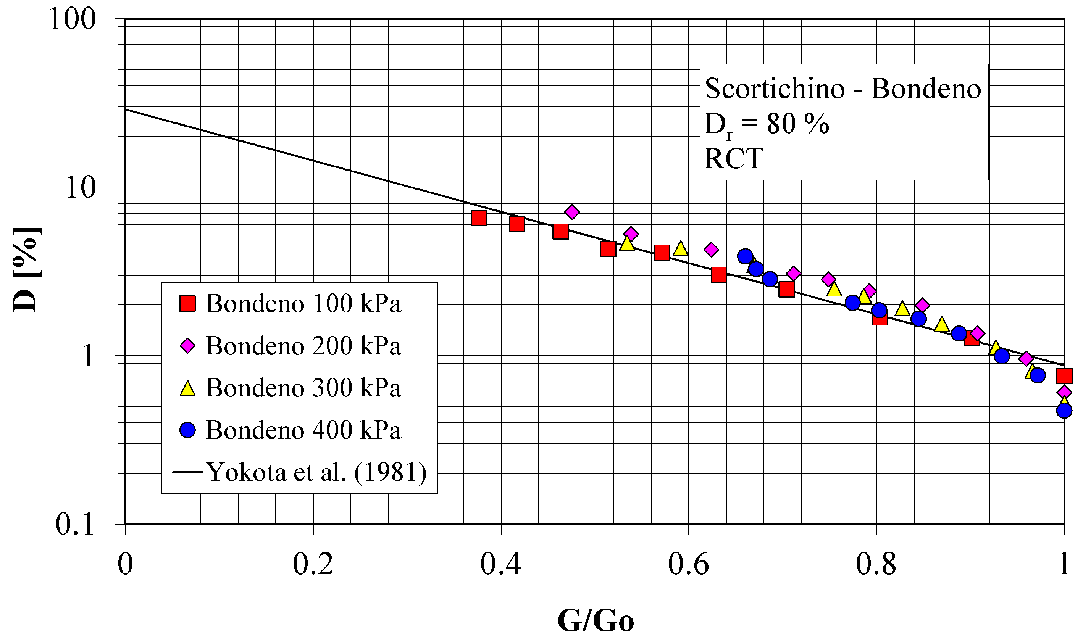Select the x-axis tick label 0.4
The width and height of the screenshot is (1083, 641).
pyautogui.click(x=500, y=564)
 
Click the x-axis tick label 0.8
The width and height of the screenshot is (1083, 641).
pyautogui.click(x=876, y=564)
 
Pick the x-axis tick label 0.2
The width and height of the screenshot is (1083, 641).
pyautogui.click(x=313, y=564)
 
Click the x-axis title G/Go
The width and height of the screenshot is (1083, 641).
pyautogui.click(x=596, y=621)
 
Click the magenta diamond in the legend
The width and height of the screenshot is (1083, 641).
pyautogui.click(x=187, y=346)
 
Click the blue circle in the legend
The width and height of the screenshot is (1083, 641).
pyautogui.click(x=187, y=430)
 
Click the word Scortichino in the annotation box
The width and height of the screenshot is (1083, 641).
pyautogui.click(x=775, y=89)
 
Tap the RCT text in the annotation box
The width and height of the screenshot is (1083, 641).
pyautogui.click(x=734, y=158)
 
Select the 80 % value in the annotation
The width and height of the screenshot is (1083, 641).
pyautogui.click(x=798, y=124)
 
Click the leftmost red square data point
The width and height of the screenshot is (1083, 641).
pyautogui.click(x=479, y=219)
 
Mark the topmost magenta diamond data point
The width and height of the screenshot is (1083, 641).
pyautogui.click(x=572, y=212)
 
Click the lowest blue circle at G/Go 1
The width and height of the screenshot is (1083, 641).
pyautogui.click(x=1064, y=410)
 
